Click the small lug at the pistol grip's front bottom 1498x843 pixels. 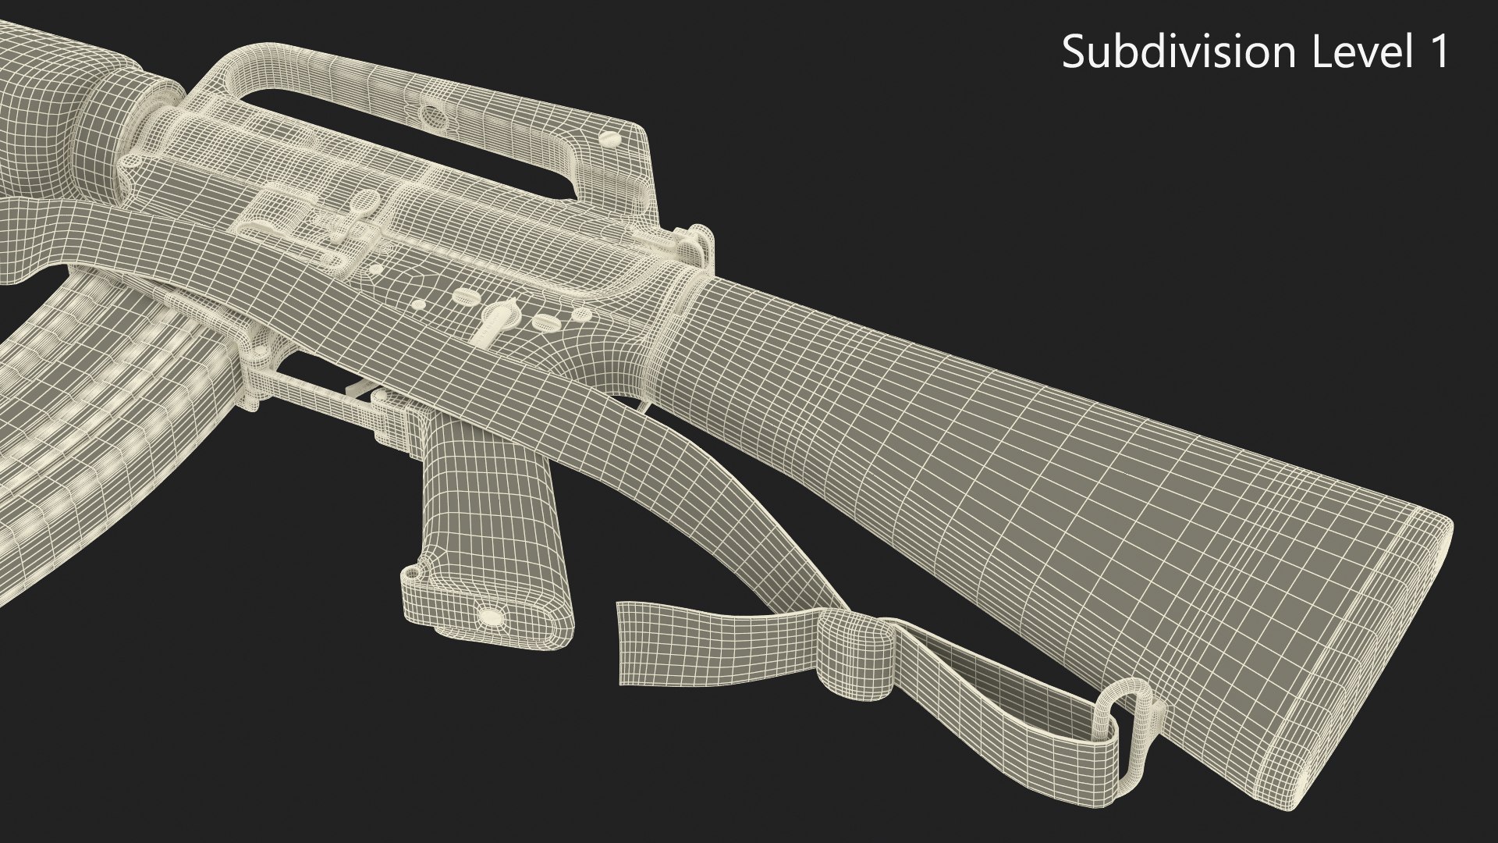click(x=414, y=576)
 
